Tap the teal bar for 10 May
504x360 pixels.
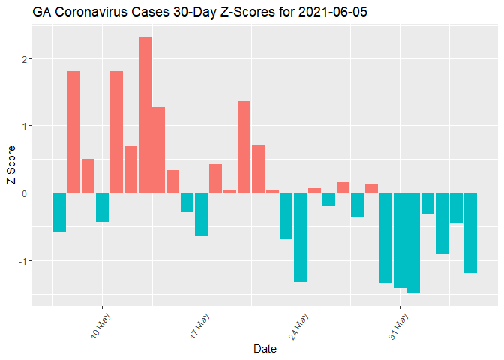click(102, 208)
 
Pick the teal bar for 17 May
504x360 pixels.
click(201, 214)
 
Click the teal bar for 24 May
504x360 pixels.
click(300, 237)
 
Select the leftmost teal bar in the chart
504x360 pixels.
click(59, 212)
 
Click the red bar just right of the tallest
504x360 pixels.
click(159, 150)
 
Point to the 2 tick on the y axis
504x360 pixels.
click(24, 58)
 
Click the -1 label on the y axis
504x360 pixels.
click(22, 260)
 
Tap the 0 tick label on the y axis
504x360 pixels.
click(24, 193)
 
